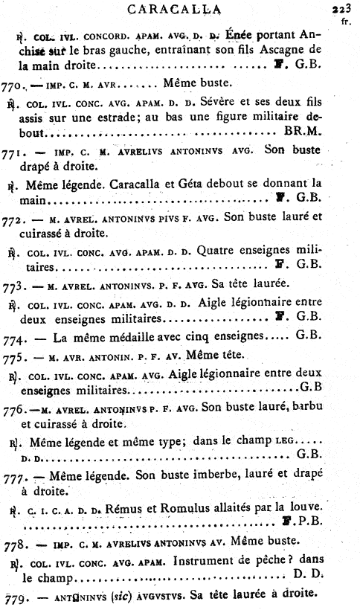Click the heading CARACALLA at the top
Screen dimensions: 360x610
pos(185,10)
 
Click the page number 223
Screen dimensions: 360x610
pos(344,9)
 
